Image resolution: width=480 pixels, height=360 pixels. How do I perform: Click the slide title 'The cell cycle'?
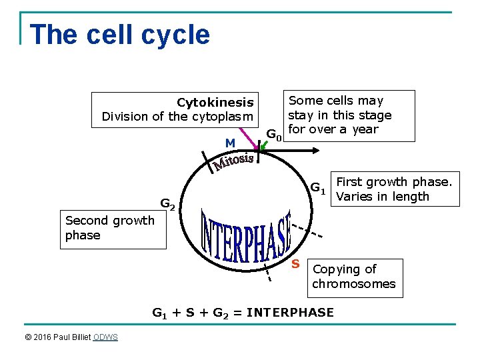120,35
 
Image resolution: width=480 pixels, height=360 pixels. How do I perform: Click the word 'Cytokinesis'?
215,102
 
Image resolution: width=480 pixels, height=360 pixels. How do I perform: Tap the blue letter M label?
230,143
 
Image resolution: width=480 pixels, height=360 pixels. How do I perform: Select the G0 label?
274,136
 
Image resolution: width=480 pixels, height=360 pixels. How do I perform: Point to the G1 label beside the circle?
317,189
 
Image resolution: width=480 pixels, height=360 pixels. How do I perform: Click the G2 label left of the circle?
167,204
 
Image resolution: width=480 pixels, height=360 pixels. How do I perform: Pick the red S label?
295,264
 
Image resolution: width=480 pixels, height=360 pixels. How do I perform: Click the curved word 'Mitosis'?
233,160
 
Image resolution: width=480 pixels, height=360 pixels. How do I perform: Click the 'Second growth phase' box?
113,228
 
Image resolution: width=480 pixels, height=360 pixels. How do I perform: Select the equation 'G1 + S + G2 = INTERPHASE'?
243,312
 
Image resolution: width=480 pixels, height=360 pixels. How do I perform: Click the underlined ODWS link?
105,337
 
